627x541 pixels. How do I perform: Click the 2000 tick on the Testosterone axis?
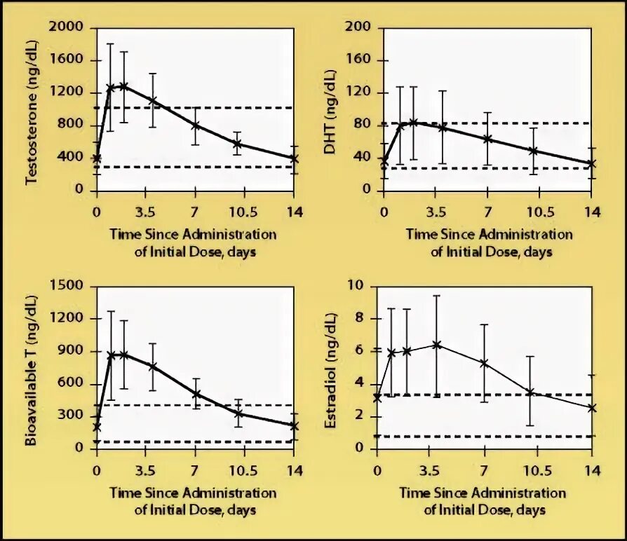click(67, 27)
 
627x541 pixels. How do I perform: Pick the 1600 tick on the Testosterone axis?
click(67, 60)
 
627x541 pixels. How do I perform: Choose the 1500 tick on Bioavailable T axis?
click(67, 286)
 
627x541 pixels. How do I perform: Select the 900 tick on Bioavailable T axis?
click(69, 351)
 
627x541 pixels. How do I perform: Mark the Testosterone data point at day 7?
click(196, 125)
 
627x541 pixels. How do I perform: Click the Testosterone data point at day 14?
click(295, 158)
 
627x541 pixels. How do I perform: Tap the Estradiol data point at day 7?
click(484, 363)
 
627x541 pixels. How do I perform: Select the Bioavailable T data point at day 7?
click(196, 394)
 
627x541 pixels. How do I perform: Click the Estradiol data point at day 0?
click(377, 397)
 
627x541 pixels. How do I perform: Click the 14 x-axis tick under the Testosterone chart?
click(295, 210)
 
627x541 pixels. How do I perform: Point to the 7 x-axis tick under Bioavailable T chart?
click(196, 470)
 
